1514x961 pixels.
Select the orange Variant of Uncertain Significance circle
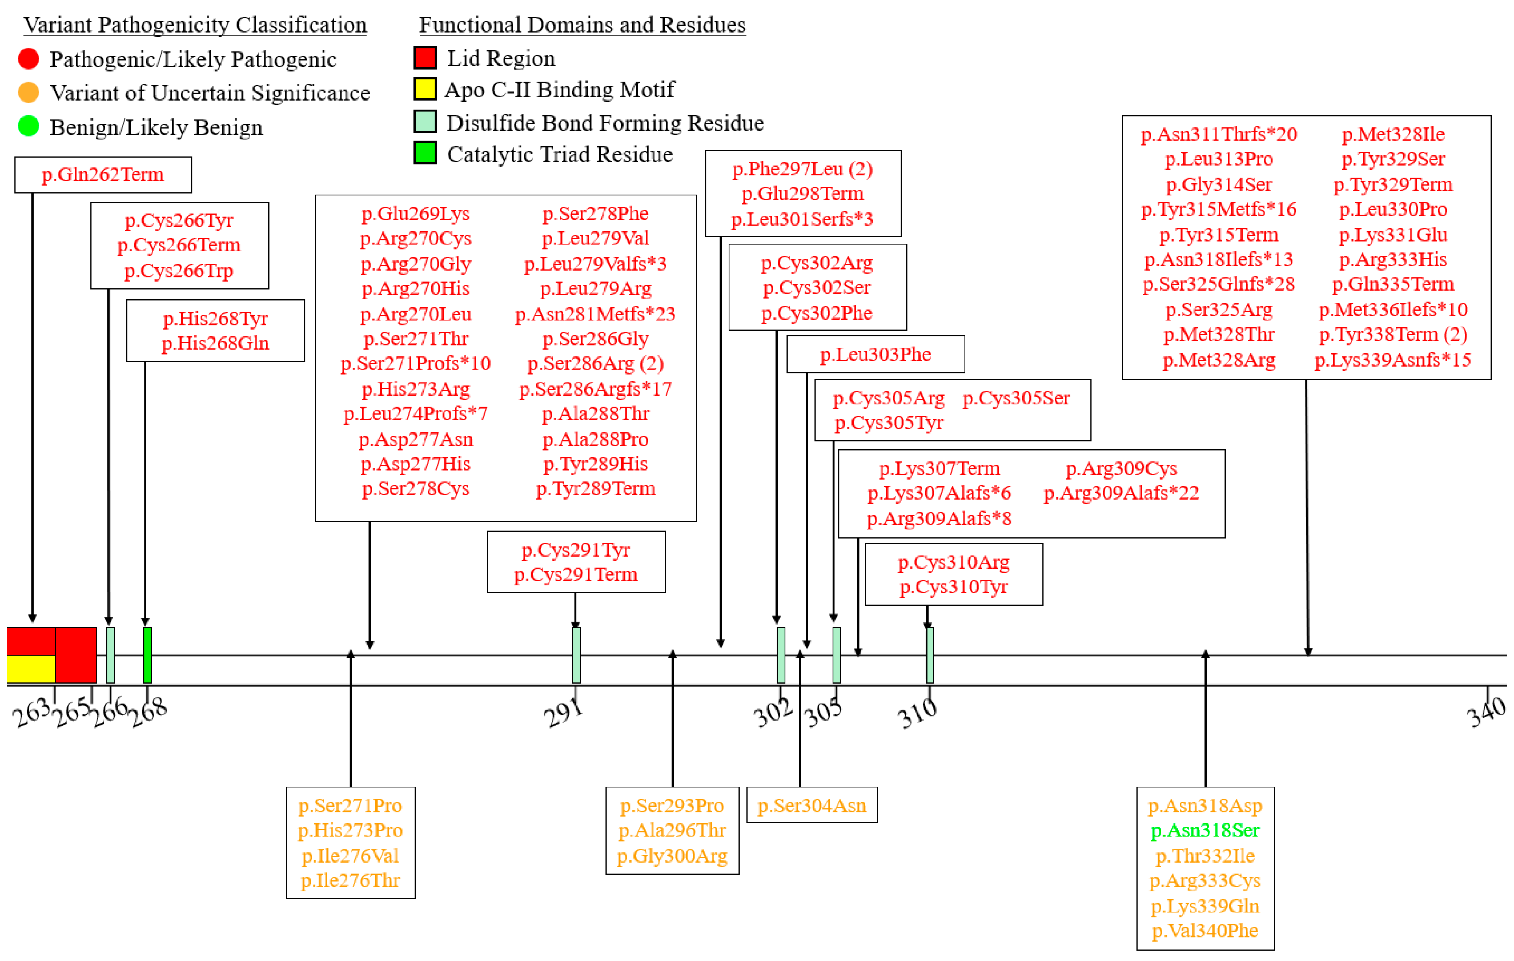[x=28, y=92]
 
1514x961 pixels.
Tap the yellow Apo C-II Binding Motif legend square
[x=425, y=89]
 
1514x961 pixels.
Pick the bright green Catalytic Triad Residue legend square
[x=425, y=153]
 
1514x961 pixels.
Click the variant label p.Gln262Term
[x=103, y=174]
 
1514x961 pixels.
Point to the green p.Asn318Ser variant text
[x=1205, y=830]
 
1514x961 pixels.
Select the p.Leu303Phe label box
[x=875, y=354]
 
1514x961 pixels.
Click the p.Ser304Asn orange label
[x=812, y=805]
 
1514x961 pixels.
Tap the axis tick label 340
[x=1486, y=710]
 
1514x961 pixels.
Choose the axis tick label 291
[x=563, y=712]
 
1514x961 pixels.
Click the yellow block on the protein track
[x=31, y=669]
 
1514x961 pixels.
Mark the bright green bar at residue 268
[x=147, y=655]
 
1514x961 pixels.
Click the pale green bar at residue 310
[x=930, y=655]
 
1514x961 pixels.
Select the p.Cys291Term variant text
[x=576, y=574]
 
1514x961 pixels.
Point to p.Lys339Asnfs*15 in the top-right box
[x=1393, y=360]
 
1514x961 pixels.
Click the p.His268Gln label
[x=215, y=343]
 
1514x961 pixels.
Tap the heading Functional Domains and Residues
[x=582, y=25]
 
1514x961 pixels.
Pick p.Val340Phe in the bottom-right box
[x=1205, y=930]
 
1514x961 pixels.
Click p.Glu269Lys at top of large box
[x=416, y=213]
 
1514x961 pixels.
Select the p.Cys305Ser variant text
[x=1016, y=397]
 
